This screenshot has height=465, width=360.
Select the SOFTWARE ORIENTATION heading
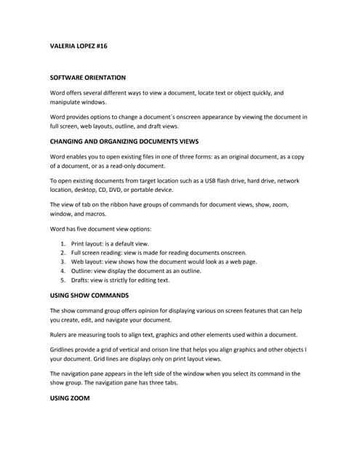pos(87,77)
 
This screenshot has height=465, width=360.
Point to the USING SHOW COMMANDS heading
pos(89,296)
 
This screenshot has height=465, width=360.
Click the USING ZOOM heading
pos(70,398)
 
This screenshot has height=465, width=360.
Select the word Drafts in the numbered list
pos(80,279)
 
